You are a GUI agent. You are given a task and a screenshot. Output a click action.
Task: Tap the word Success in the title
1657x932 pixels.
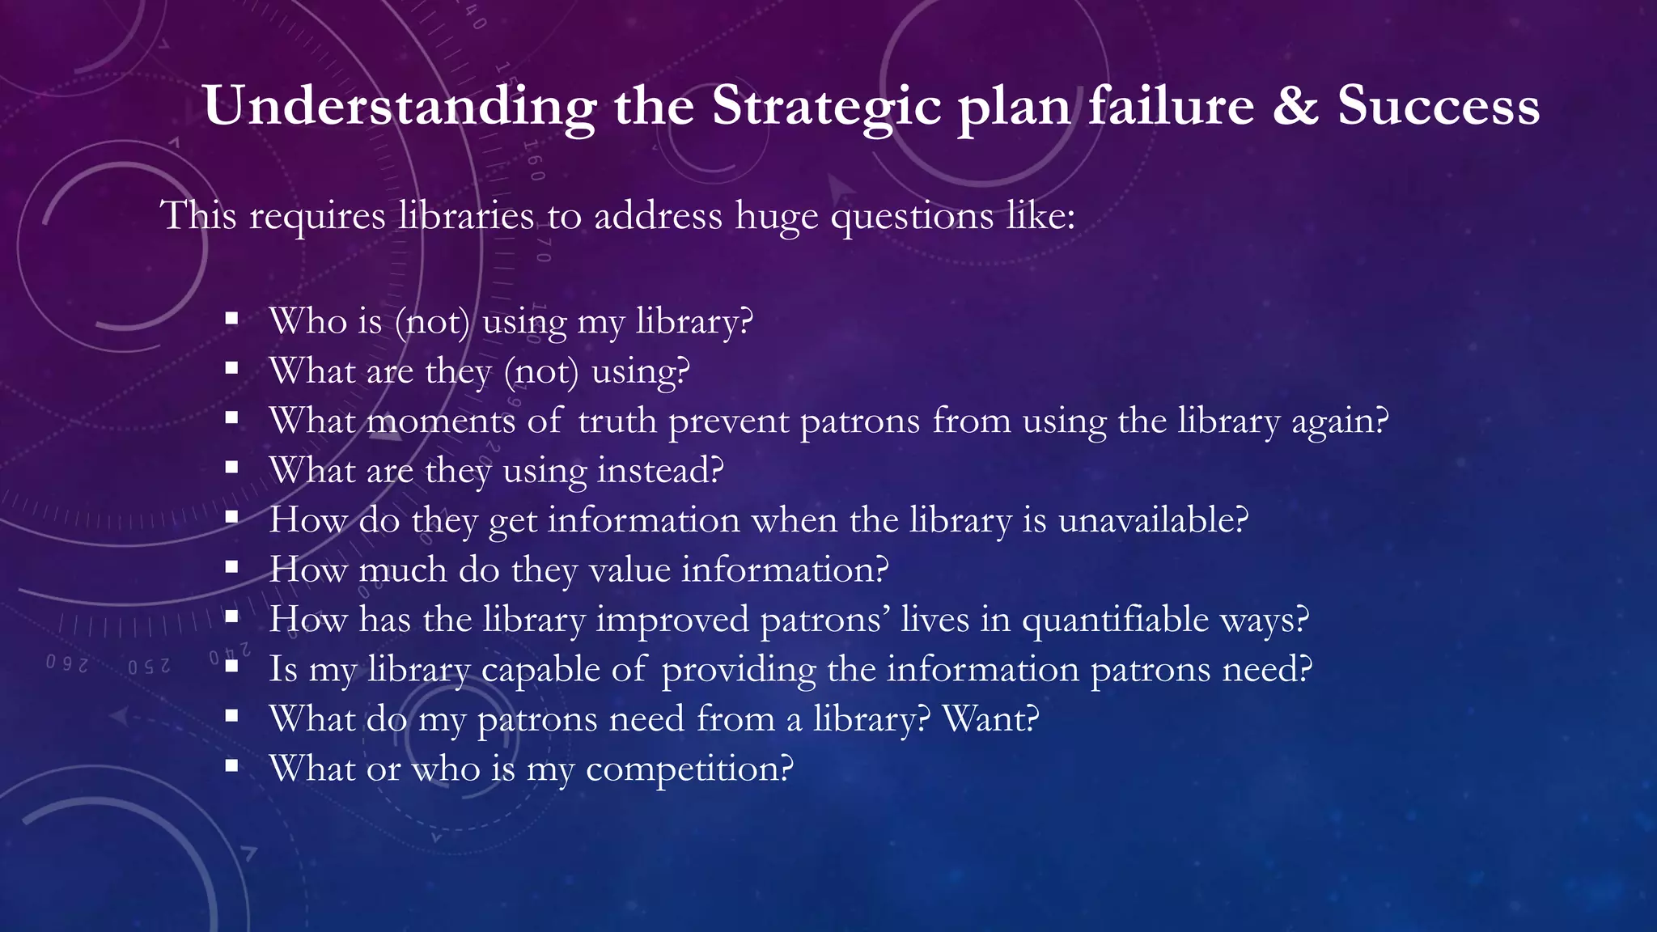(1438, 106)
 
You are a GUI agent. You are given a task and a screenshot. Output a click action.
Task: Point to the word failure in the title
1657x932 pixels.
(1171, 106)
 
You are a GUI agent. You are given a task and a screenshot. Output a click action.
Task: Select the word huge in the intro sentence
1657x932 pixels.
(776, 217)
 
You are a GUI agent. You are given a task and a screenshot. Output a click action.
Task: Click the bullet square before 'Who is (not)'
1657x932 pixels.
(232, 319)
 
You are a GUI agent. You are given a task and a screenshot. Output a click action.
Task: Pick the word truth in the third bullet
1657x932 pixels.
(617, 421)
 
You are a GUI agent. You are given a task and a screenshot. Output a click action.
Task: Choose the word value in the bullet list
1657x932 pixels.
(629, 570)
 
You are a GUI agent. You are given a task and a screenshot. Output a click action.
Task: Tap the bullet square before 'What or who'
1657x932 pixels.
(232, 765)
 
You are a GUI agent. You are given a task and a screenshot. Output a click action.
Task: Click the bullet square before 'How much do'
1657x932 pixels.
(232, 567)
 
